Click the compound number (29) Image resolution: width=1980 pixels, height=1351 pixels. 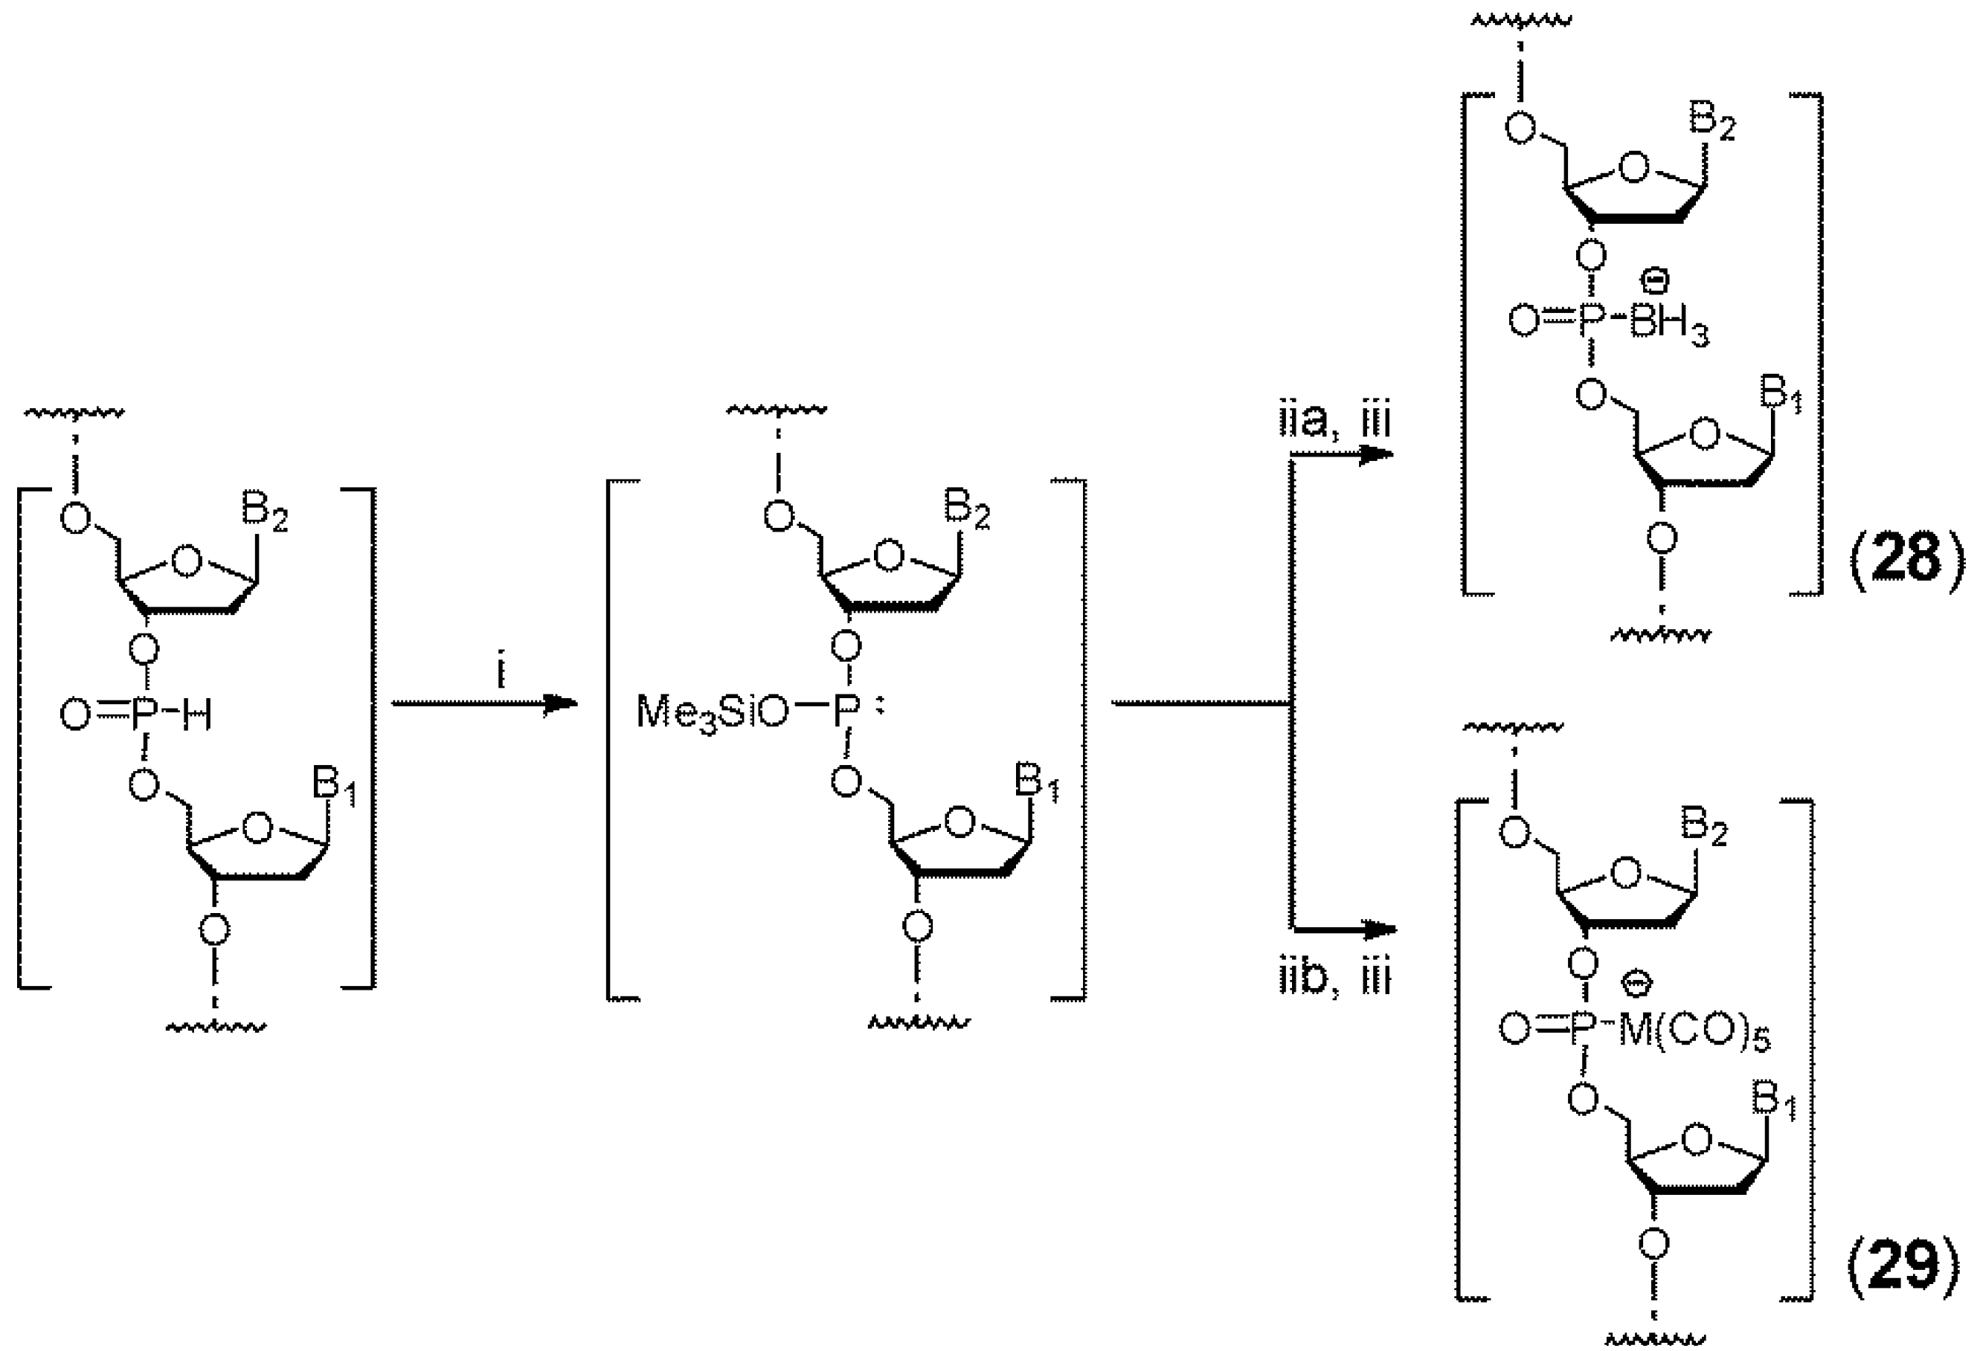click(1904, 1267)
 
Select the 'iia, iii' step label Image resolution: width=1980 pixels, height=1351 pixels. click(1335, 422)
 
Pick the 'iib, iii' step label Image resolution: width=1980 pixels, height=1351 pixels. click(1335, 978)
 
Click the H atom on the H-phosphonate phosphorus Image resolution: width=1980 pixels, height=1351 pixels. click(197, 716)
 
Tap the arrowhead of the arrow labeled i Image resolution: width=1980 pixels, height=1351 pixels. click(562, 703)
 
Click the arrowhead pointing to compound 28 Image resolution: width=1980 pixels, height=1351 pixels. click(1375, 455)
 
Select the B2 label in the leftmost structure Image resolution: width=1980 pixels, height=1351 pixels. click(264, 514)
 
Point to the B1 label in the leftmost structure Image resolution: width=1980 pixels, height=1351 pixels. click(335, 784)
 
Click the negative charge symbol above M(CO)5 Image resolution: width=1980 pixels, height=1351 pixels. click(1636, 984)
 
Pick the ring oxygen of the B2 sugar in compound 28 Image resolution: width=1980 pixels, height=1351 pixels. click(1634, 168)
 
